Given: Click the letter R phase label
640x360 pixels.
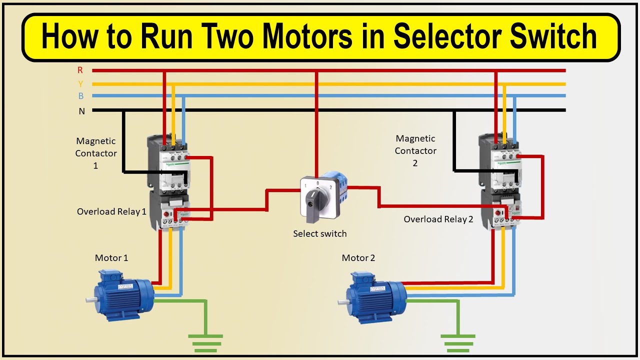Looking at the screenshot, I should (x=80, y=70).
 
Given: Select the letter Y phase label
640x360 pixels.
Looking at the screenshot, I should (x=80, y=84).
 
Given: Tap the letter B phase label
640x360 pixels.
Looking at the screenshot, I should (x=80, y=96).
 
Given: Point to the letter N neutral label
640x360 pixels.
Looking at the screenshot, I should (x=81, y=111).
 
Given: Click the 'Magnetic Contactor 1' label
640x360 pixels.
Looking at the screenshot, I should (x=96, y=153).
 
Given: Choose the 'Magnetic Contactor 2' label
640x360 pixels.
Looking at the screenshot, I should (x=415, y=150).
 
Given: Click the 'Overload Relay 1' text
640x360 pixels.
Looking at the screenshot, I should (x=111, y=211).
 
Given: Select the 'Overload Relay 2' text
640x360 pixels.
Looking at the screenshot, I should (x=438, y=219).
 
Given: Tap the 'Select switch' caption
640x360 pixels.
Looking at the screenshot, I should (x=319, y=233).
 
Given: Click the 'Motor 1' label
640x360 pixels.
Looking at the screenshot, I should (x=111, y=258).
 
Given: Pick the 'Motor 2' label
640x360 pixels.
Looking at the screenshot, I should (x=358, y=258).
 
